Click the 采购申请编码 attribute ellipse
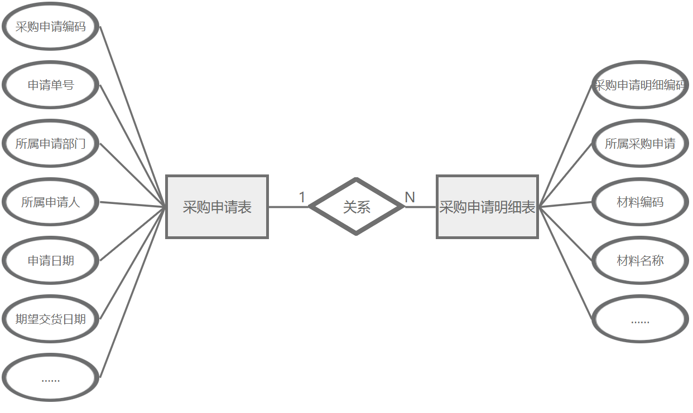pos(51,27)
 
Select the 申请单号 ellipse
pos(51,85)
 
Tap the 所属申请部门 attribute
pos(51,144)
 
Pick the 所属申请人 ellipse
pos(51,202)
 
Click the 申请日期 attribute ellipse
pos(51,261)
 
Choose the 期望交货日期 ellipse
pos(51,319)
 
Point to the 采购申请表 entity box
pos(217,207)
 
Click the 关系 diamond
pos(357,207)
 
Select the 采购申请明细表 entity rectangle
pos(487,207)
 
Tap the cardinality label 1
pos(302,197)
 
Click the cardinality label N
pos(410,197)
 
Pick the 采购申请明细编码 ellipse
pos(640,85)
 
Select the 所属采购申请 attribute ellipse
pos(640,144)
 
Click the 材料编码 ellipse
pos(640,202)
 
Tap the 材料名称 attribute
pos(640,261)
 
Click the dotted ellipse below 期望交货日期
pos(51,378)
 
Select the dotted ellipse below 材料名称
pos(640,319)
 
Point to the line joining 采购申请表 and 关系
pos(288,207)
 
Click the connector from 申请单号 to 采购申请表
pos(133,146)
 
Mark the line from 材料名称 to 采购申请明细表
pos(565,234)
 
